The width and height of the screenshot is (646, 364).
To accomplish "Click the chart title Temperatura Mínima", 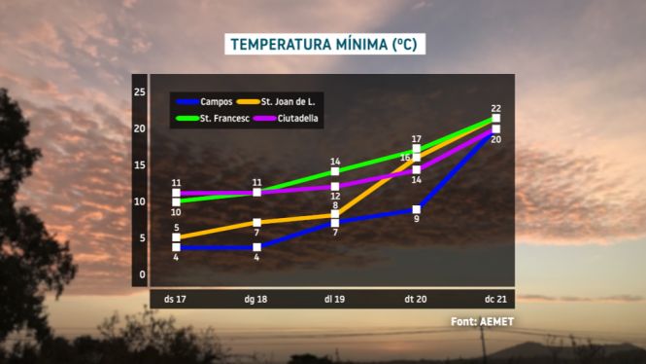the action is pyautogui.click(x=324, y=44).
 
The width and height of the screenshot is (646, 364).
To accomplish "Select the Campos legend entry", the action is pyautogui.click(x=204, y=101).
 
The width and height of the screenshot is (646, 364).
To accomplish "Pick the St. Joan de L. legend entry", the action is pyautogui.click(x=276, y=101).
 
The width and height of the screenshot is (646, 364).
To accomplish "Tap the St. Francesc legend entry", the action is pyautogui.click(x=213, y=119).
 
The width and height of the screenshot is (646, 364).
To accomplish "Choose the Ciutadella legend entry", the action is pyautogui.click(x=286, y=119).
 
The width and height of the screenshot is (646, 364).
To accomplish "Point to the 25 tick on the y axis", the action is pyautogui.click(x=140, y=91).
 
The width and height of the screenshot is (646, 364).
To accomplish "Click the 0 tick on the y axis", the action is pyautogui.click(x=142, y=274).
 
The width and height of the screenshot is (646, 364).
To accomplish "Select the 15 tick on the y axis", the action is pyautogui.click(x=140, y=165).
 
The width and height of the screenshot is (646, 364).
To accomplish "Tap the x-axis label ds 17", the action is pyautogui.click(x=175, y=299).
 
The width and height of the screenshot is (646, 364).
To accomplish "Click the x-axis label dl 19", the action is pyautogui.click(x=334, y=299).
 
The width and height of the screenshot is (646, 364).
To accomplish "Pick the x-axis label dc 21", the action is pyautogui.click(x=495, y=299).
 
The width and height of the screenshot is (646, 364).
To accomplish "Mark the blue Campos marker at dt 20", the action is pyautogui.click(x=417, y=209).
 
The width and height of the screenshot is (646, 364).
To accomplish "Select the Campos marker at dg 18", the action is pyautogui.click(x=256, y=247).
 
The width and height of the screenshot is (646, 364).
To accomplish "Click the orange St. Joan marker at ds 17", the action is pyautogui.click(x=176, y=237).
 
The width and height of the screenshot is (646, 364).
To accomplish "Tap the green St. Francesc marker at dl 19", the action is pyautogui.click(x=335, y=171).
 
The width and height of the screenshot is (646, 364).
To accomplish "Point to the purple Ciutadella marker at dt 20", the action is pyautogui.click(x=417, y=169).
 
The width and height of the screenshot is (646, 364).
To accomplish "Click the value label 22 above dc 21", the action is pyautogui.click(x=496, y=109).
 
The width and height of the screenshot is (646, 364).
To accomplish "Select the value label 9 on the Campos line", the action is pyautogui.click(x=417, y=219).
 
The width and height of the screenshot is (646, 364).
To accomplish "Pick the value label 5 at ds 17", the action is pyautogui.click(x=177, y=228).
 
